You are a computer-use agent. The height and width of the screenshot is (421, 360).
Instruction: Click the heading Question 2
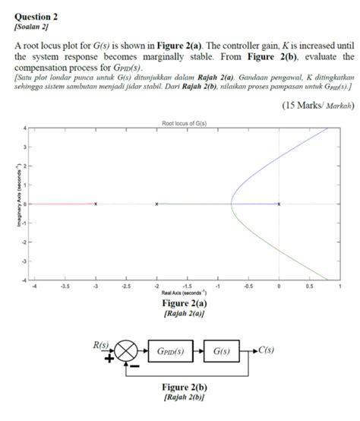[36, 16]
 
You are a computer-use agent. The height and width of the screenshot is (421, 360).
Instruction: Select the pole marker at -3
[96, 204]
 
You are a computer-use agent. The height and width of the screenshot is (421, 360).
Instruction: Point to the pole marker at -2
[156, 204]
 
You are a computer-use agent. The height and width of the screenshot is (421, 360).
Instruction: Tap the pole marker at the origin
[279, 204]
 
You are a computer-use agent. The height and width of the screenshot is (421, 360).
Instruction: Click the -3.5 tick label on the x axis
[65, 286]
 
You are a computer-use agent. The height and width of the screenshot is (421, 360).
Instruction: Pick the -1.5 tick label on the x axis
[187, 286]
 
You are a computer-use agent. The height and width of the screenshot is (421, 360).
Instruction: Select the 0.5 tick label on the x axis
[309, 286]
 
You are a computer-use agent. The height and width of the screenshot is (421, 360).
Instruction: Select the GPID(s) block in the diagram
[173, 353]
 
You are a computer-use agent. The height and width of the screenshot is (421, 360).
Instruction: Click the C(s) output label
[266, 351]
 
